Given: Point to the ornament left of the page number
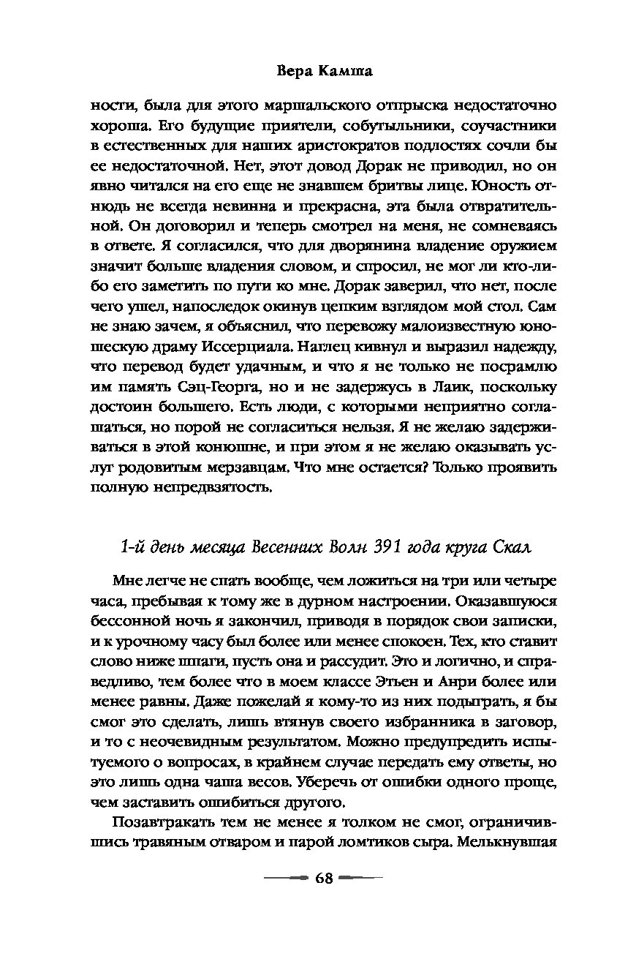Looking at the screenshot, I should pyautogui.click(x=287, y=878).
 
